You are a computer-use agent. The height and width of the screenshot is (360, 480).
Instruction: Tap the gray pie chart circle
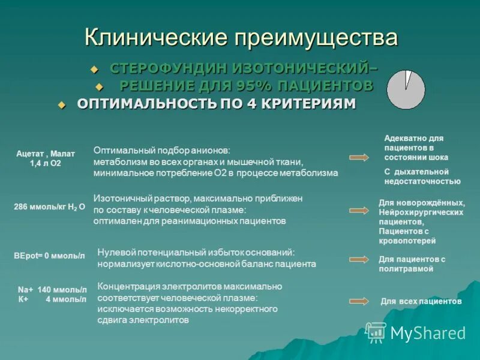(x=406, y=89)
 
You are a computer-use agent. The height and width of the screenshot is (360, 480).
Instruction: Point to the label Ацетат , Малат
(x=46, y=154)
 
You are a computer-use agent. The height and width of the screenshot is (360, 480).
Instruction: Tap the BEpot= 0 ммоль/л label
(x=49, y=256)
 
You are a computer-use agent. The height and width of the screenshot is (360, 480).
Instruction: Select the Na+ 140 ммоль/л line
(x=52, y=289)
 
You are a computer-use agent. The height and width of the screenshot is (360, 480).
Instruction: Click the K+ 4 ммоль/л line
(x=52, y=298)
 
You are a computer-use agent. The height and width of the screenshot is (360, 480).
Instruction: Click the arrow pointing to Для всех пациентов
(x=359, y=302)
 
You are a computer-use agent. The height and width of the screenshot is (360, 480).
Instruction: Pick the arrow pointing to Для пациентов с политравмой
(x=359, y=259)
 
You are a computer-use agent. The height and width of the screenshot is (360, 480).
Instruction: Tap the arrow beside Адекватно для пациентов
(x=359, y=157)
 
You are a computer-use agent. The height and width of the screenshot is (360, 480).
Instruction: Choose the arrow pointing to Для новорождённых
(x=359, y=211)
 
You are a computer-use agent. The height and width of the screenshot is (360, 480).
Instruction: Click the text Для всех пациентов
(x=421, y=302)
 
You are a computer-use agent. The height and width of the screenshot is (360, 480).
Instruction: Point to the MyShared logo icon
(x=376, y=332)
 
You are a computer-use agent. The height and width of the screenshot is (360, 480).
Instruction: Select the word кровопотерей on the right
(x=407, y=241)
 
